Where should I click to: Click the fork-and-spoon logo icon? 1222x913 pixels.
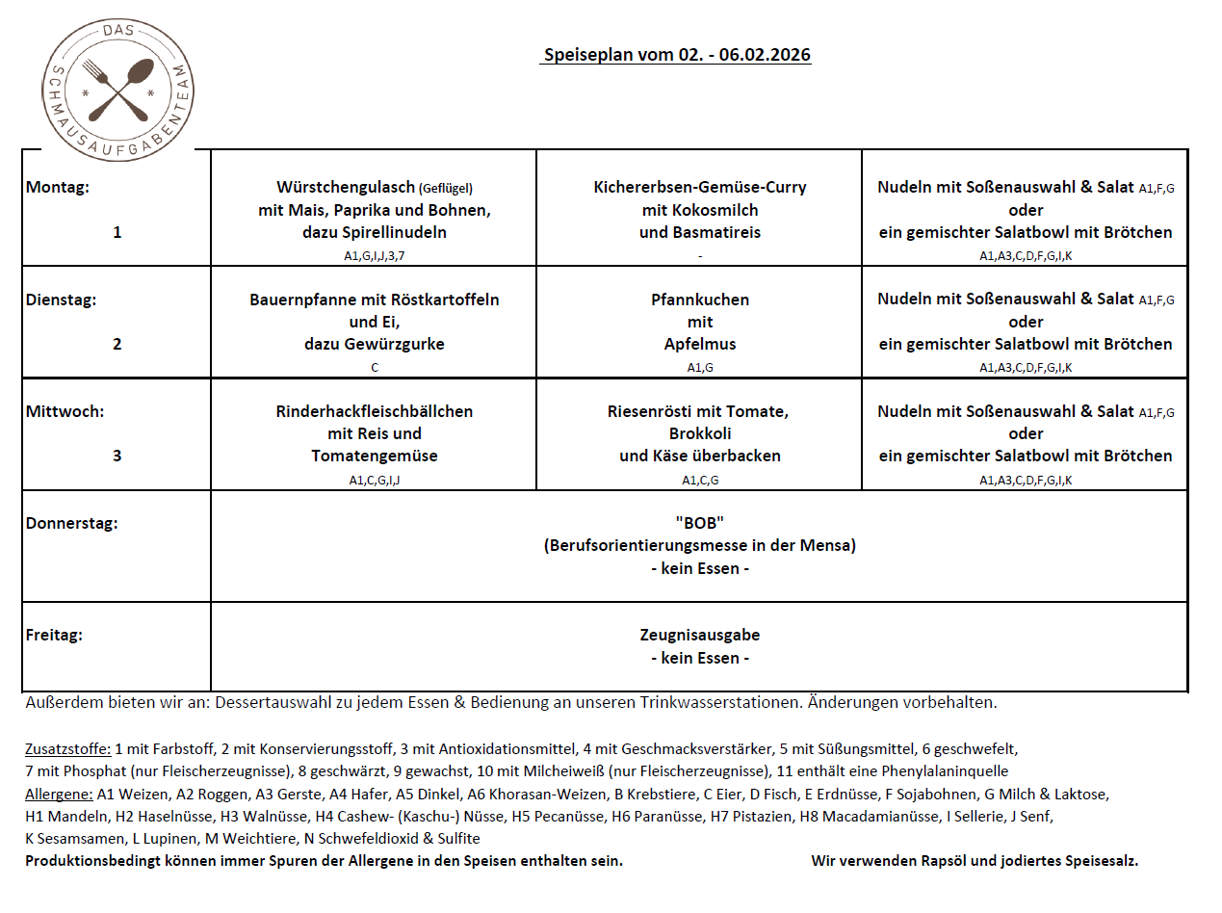click(117, 85)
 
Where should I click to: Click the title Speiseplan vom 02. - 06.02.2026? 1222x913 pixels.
click(677, 55)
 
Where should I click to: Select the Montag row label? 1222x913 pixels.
click(58, 188)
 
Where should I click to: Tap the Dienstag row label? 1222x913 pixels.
click(61, 300)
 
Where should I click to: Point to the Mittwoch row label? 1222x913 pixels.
click(65, 411)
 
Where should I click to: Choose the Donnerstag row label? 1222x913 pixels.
click(71, 524)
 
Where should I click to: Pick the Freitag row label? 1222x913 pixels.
click(54, 636)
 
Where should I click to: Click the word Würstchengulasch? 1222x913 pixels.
click(345, 187)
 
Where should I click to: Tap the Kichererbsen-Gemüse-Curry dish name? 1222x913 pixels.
click(699, 187)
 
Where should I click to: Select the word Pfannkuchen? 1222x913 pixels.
click(699, 300)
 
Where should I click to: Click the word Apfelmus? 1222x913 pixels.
click(699, 344)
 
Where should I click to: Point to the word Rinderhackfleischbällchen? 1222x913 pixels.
click(374, 411)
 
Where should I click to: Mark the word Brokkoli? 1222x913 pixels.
click(699, 433)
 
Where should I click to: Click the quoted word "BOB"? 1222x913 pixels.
click(699, 523)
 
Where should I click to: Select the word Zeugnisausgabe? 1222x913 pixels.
click(699, 636)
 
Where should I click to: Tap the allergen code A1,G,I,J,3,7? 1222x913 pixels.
click(374, 256)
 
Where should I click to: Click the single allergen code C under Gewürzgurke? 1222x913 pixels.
click(374, 368)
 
